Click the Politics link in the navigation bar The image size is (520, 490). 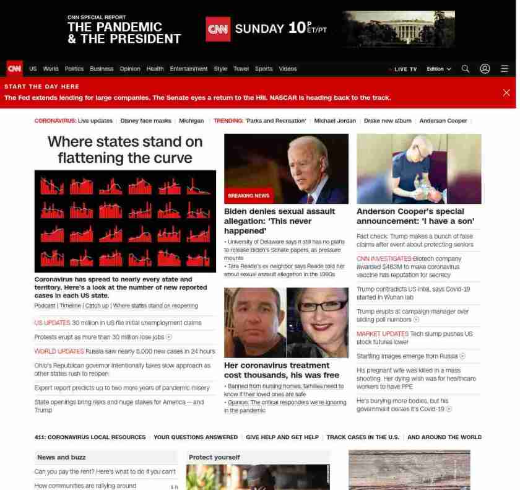[x=74, y=69]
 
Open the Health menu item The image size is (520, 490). [x=155, y=69]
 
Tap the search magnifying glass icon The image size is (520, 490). [x=466, y=69]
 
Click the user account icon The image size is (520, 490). [x=485, y=69]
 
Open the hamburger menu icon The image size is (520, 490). [x=505, y=69]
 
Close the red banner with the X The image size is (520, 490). [x=506, y=92]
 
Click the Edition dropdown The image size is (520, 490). [x=438, y=69]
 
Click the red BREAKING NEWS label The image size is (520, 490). [x=248, y=196]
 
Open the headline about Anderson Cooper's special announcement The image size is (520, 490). [x=415, y=216]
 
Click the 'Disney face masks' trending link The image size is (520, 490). [x=145, y=121]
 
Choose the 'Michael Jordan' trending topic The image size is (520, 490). [x=335, y=121]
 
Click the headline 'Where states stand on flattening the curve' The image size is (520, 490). [x=125, y=150]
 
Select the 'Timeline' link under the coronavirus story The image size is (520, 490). [x=70, y=305]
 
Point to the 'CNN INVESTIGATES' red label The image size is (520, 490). [x=384, y=258]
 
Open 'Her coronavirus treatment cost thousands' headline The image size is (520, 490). [x=281, y=370]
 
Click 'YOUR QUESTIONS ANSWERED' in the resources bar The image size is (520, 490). [x=196, y=437]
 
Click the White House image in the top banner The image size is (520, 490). [x=399, y=28]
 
